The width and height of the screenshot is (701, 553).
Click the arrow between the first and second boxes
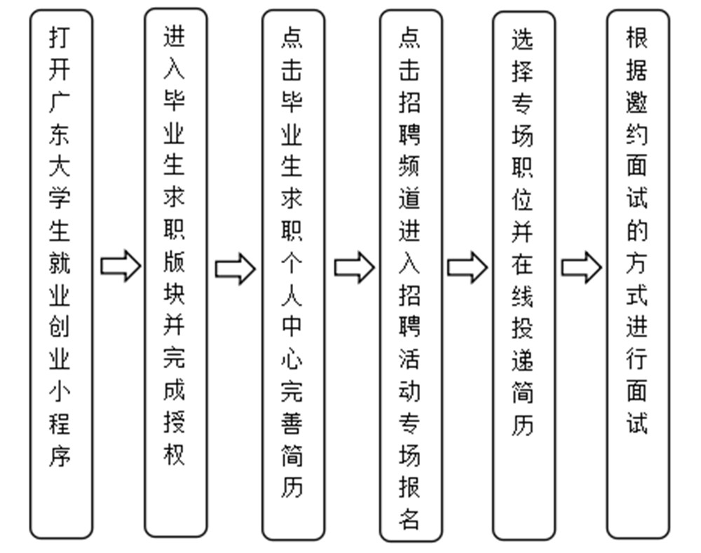coord(121,266)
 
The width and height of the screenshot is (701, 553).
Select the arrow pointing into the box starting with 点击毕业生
coord(235,269)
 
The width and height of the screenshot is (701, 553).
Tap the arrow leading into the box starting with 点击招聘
coord(355,267)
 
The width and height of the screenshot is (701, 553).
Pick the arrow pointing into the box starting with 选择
coord(467,267)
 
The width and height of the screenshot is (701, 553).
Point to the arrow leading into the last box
coord(582,267)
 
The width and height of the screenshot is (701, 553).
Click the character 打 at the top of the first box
coord(60,38)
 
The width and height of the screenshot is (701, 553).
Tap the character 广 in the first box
coord(60,102)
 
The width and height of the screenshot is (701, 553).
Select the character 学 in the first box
coord(60,198)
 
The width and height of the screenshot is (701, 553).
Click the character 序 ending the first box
coord(60,456)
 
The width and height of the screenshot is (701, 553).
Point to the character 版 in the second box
coord(174,262)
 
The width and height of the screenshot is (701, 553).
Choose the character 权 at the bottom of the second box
coord(174,454)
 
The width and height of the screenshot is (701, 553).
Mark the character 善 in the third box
coord(292,423)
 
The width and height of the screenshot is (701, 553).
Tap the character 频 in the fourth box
coord(409,166)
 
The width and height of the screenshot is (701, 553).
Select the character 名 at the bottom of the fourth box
coord(409,519)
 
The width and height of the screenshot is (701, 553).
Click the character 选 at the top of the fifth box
coord(523,39)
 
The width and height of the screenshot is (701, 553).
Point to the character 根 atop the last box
coord(637,38)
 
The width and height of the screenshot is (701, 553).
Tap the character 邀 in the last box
coord(637,102)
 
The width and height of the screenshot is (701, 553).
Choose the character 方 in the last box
coord(637,262)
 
